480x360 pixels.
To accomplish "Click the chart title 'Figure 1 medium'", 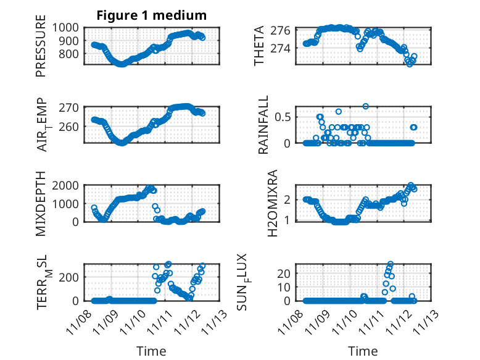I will (x=151, y=15).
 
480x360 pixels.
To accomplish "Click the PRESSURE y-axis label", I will (x=41, y=50).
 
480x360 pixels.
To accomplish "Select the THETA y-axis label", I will (x=260, y=46).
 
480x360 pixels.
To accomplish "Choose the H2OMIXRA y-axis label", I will (x=260, y=203).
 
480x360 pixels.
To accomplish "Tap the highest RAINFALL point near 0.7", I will (x=366, y=106).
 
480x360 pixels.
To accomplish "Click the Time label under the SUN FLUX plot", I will (x=363, y=351).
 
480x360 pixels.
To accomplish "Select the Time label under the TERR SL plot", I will (x=151, y=351).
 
